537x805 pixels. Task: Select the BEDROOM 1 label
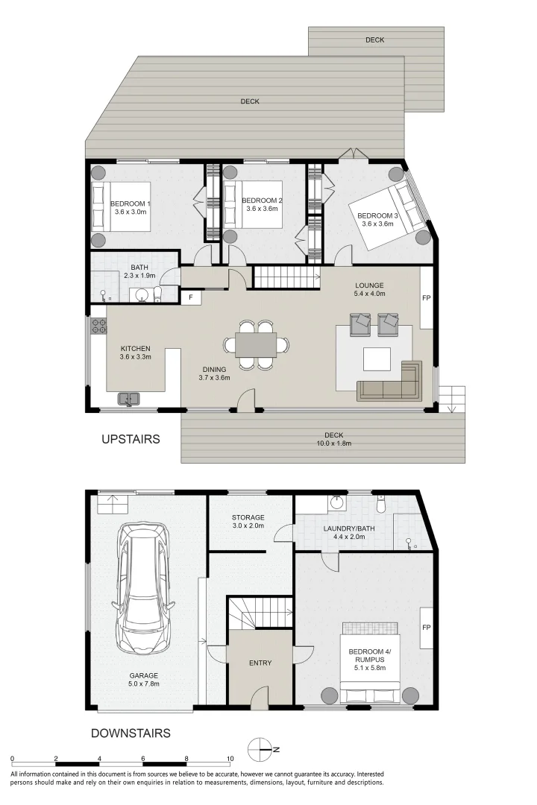pyautogui.click(x=131, y=203)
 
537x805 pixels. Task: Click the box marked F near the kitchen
pyautogui.click(x=191, y=297)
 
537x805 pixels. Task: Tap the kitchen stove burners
pyautogui.click(x=98, y=325)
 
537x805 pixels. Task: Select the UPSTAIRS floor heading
pyautogui.click(x=131, y=440)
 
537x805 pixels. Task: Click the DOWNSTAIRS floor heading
pyautogui.click(x=131, y=733)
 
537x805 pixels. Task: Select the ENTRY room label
pyautogui.click(x=260, y=663)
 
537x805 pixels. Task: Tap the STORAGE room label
pyautogui.click(x=248, y=517)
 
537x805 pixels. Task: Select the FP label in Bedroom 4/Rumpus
pyautogui.click(x=427, y=627)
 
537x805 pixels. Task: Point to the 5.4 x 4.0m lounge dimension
pyautogui.click(x=369, y=294)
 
